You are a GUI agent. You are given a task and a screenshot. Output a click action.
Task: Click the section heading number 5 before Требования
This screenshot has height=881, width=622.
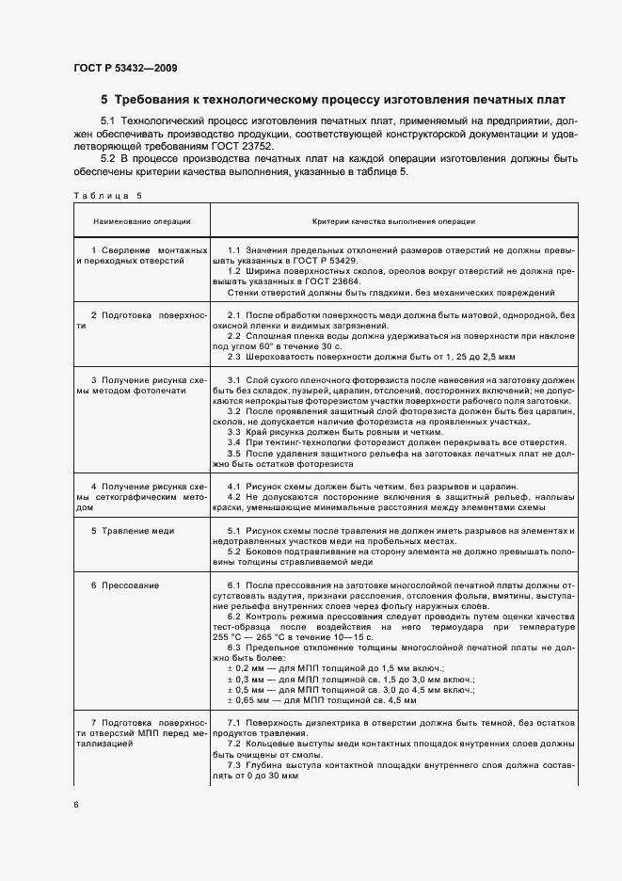point(105,99)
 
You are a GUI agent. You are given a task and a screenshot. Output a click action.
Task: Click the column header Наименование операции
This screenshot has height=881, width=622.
point(141,221)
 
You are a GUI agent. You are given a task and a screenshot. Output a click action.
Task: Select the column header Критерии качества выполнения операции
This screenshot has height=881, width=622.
point(393,221)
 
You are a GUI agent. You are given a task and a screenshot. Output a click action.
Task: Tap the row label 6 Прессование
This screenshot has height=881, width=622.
point(125,585)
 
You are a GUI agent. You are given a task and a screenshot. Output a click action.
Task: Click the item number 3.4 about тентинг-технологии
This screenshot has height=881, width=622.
point(235,442)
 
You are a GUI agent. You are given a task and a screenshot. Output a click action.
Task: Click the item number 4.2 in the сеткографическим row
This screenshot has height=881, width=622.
point(235,497)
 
